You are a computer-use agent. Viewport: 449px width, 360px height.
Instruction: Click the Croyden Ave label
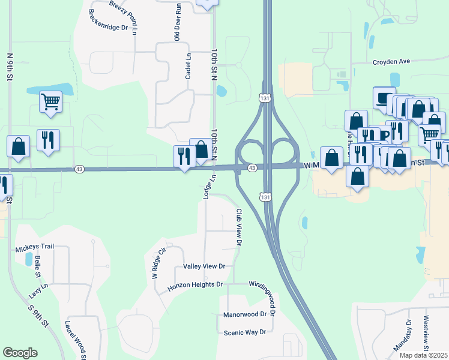(x=391, y=61)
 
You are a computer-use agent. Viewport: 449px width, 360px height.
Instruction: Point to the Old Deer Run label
(x=178, y=22)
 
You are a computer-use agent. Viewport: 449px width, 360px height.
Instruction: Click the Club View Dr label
(x=239, y=227)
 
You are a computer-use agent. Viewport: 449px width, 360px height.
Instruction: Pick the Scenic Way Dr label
(x=244, y=332)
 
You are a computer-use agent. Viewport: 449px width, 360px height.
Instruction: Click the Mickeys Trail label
(x=35, y=247)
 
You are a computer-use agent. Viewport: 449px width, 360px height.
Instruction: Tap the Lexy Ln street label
(x=38, y=291)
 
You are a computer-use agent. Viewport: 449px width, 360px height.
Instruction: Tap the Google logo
(x=20, y=352)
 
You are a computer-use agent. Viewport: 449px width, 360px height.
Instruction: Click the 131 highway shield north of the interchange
(x=264, y=98)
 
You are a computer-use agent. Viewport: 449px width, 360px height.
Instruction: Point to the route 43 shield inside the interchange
(x=252, y=168)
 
